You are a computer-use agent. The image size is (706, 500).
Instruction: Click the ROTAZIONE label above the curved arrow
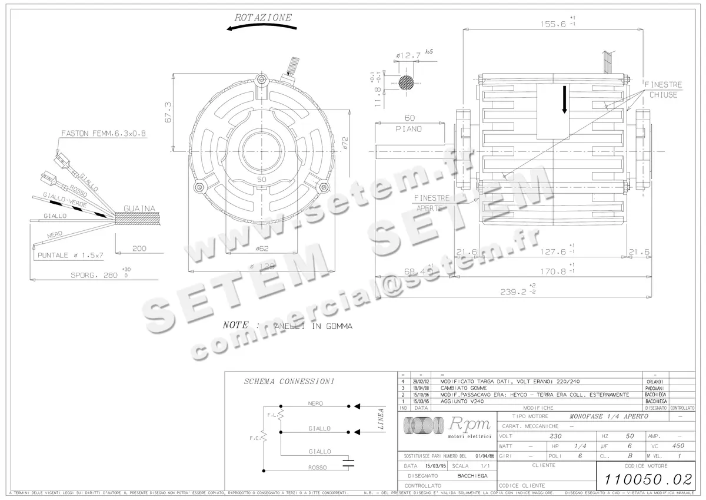pyautogui.click(x=263, y=18)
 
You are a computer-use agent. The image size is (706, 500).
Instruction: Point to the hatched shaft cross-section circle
pyautogui.click(x=407, y=82)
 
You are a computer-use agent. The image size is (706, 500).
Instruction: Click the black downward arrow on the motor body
pyautogui.click(x=564, y=99)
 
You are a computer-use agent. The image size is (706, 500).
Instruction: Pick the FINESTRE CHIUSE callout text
pyautogui.click(x=664, y=90)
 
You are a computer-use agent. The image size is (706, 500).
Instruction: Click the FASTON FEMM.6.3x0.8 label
pyautogui.click(x=104, y=134)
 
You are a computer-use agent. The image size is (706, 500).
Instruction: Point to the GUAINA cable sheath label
pyautogui.click(x=139, y=208)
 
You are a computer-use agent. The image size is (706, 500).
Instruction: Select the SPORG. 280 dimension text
pyautogui.click(x=94, y=274)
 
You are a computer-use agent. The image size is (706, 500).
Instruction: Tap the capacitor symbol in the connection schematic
pyautogui.click(x=351, y=461)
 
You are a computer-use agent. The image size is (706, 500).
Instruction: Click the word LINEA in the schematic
pyautogui.click(x=381, y=419)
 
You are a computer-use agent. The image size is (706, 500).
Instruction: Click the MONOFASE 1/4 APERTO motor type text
pyautogui.click(x=608, y=416)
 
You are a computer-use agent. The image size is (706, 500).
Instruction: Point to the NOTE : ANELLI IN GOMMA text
pyautogui.click(x=288, y=325)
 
